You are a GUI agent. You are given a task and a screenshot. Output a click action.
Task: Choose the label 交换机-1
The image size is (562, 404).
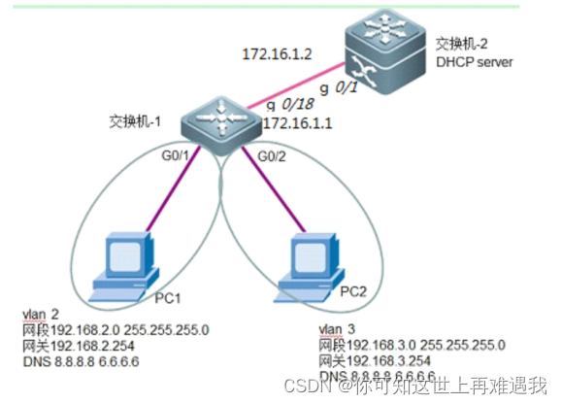[134, 122]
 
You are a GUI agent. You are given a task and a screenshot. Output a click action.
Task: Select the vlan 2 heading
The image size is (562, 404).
[41, 315]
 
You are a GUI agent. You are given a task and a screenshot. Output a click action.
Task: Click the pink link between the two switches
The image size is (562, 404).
[297, 86]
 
